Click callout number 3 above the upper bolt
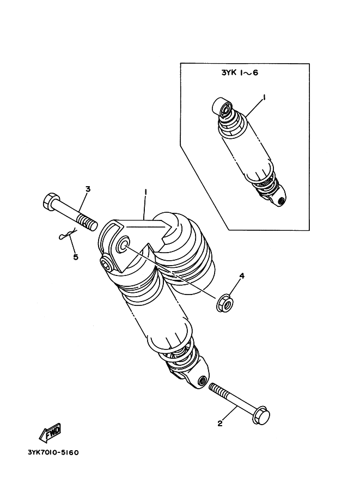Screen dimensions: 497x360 [x=87, y=189]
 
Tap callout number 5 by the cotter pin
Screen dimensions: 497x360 [x=75, y=257]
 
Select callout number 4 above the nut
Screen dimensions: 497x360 [x=242, y=276]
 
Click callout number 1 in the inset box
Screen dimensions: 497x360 [x=264, y=97]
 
